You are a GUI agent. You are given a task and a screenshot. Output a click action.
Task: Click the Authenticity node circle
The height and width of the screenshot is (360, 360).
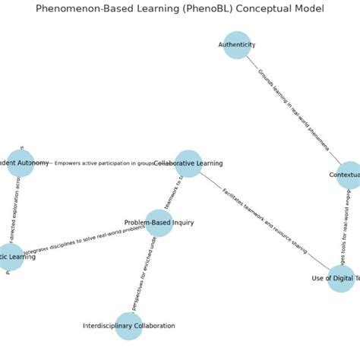point(237,45)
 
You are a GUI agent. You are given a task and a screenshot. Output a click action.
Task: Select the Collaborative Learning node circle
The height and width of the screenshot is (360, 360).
point(188,163)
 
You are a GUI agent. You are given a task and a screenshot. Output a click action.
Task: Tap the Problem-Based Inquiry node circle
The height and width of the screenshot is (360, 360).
point(159,223)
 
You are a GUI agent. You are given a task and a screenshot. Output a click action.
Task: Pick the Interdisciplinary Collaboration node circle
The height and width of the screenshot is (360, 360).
point(129,326)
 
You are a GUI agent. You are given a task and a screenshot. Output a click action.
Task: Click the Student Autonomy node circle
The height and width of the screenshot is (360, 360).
point(21,163)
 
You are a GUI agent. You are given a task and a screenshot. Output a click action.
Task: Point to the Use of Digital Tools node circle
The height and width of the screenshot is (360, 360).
point(341,278)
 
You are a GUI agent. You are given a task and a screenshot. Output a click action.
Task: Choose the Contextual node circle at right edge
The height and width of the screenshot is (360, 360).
point(349,175)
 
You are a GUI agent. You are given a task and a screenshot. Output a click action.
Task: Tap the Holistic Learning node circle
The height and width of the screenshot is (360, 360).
point(11,257)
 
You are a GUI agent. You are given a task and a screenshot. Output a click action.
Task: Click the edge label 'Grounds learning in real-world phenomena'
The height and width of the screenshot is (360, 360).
point(292,109)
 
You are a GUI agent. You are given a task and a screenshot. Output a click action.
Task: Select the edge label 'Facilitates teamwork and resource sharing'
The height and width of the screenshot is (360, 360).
point(264,220)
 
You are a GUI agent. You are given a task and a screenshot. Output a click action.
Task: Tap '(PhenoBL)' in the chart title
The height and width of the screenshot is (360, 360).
point(201,9)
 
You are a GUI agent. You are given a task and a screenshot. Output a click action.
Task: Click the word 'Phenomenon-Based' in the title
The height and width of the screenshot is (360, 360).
point(80,9)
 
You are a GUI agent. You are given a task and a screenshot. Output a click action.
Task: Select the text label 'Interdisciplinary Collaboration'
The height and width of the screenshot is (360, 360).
point(129,326)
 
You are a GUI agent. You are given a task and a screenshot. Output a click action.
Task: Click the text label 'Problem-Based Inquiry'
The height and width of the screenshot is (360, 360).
point(159,223)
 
